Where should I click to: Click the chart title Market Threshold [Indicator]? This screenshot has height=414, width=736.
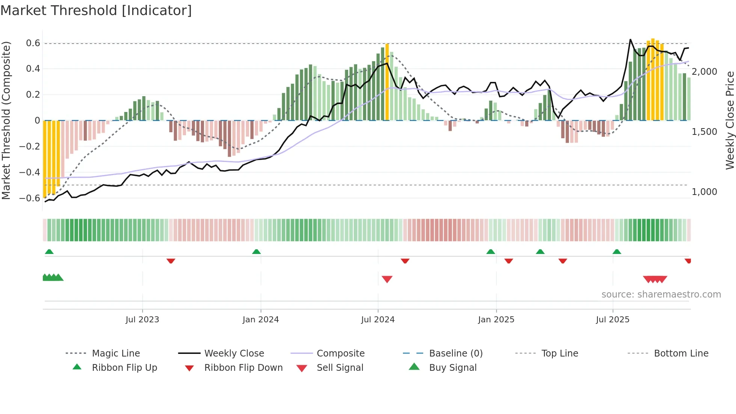[96, 11]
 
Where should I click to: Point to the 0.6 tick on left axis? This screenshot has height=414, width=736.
[33, 43]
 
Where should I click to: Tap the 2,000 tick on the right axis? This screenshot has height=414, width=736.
[704, 71]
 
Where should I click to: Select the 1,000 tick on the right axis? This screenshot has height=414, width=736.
[704, 192]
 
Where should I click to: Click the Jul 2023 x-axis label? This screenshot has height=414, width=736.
[142, 319]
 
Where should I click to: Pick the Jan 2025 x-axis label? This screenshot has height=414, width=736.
[496, 319]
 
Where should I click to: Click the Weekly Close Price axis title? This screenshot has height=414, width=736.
[730, 120]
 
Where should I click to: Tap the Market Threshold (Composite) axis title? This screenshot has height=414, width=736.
[6, 120]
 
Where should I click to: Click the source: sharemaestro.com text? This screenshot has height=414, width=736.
[661, 294]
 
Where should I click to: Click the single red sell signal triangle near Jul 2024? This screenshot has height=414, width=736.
[387, 279]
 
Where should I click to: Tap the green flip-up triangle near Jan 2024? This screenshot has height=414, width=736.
[256, 251]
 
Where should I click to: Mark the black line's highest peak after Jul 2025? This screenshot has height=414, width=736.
[630, 39]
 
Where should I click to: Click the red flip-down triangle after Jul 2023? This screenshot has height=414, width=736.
[171, 261]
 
